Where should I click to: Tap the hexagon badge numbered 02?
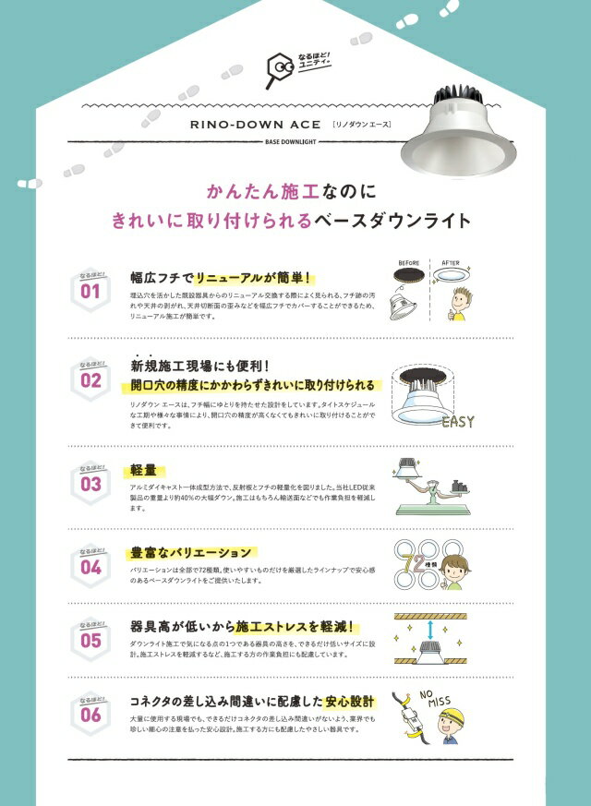pos(90,379)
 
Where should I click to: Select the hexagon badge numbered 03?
pos(90,481)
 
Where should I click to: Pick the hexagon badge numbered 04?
pos(90,565)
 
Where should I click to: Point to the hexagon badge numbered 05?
pos(90,637)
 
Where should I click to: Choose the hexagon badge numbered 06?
pos(90,712)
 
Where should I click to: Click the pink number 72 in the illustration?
pos(427,563)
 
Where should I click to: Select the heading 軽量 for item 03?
pos(142,469)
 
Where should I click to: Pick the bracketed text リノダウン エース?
pos(364,124)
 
